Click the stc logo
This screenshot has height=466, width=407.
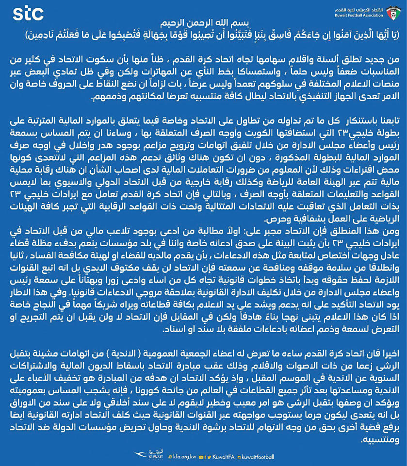(x=29, y=14)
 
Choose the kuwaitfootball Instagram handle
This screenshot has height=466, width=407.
(x=259, y=457)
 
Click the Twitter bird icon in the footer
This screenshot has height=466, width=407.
(x=209, y=457)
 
